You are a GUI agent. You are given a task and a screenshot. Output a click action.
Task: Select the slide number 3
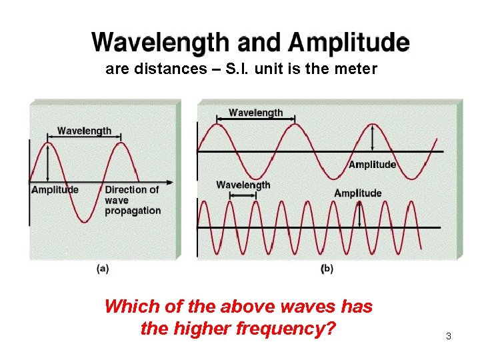(449, 337)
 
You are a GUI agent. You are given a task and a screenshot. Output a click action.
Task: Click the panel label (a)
(103, 268)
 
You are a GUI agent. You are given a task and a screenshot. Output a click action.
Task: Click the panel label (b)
(327, 268)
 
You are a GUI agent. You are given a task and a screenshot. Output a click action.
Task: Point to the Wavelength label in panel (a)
(84, 131)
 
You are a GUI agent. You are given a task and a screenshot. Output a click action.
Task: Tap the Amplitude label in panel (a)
(55, 190)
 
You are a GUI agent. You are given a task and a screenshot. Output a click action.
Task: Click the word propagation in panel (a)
(133, 211)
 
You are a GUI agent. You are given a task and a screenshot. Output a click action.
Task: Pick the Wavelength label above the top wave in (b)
(255, 113)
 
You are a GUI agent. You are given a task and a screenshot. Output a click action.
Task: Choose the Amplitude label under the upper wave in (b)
(372, 165)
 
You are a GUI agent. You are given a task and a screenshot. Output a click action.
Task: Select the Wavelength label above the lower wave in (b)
(243, 185)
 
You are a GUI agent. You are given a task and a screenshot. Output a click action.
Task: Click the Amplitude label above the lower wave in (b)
(358, 193)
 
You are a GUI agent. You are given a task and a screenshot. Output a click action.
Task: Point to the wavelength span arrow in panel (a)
(84, 141)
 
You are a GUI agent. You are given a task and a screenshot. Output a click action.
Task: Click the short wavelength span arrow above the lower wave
(243, 195)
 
